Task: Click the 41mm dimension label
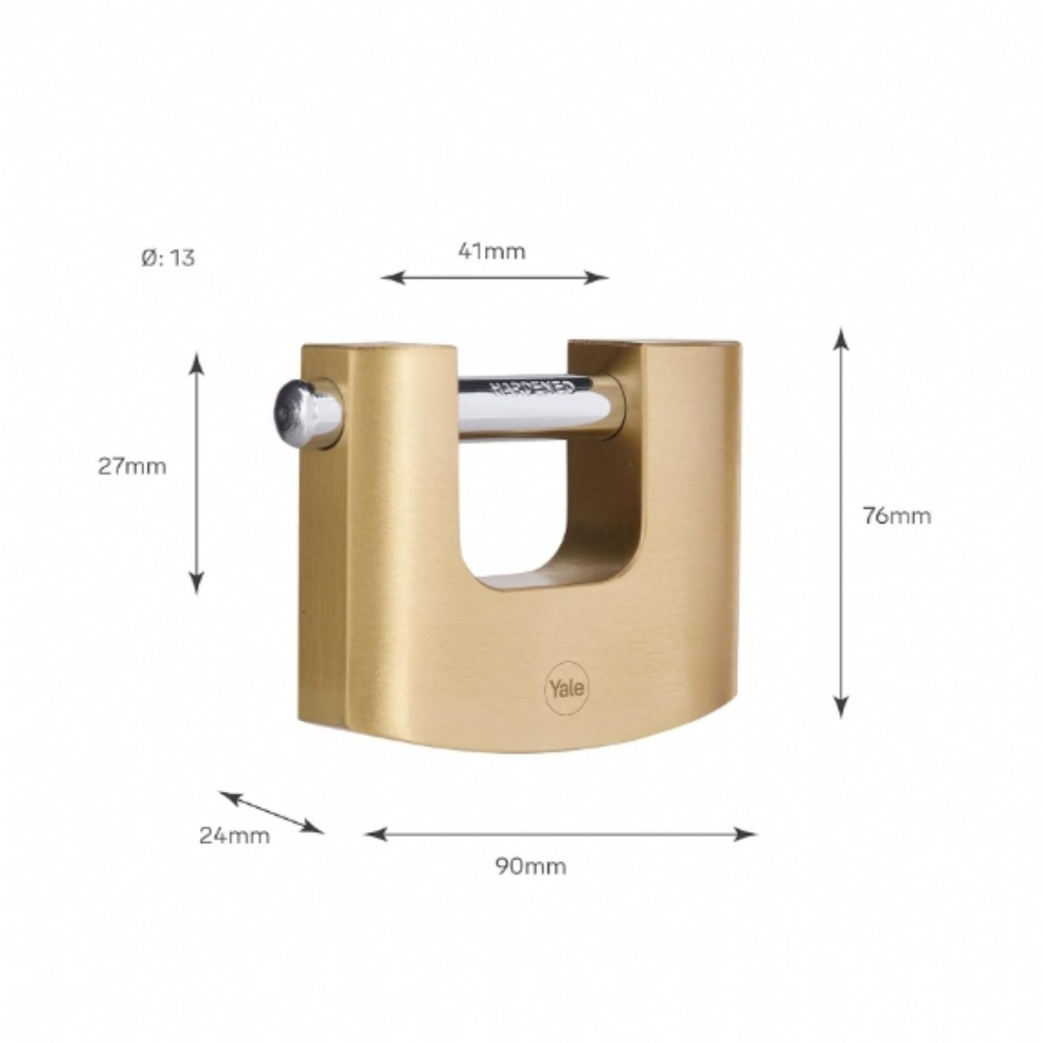(491, 251)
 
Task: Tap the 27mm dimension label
(132, 467)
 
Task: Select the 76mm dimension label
(897, 515)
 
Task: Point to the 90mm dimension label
(531, 867)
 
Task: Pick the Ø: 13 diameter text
(168, 258)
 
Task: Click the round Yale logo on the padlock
(567, 688)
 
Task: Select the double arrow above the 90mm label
(561, 834)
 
